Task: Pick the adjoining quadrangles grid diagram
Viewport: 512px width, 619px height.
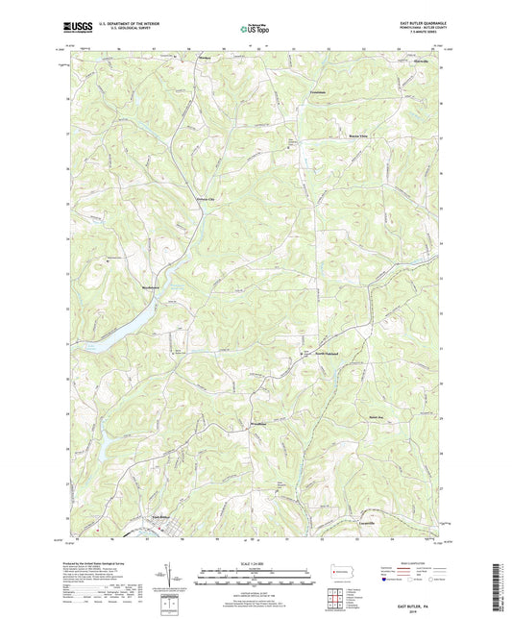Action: pyautogui.click(x=339, y=597)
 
